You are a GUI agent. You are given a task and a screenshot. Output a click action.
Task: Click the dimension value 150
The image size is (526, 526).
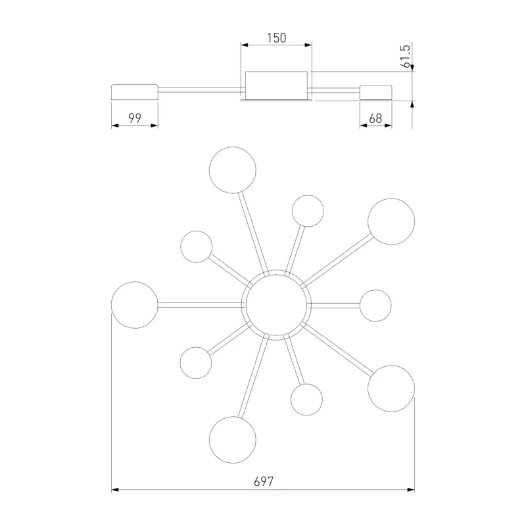(x=277, y=38)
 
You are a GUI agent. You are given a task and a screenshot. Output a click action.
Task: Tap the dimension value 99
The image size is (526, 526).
(x=135, y=118)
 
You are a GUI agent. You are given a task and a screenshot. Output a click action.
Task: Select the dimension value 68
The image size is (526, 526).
(x=375, y=118)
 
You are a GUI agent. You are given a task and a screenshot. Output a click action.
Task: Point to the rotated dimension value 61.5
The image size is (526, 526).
(x=406, y=57)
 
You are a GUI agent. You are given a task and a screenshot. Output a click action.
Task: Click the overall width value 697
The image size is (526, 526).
(x=264, y=481)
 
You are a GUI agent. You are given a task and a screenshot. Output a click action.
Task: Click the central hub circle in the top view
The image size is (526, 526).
(x=276, y=305)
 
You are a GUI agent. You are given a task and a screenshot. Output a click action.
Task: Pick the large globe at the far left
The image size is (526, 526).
(x=135, y=305)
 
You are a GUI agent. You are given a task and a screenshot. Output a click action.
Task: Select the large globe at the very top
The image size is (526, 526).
(x=233, y=170)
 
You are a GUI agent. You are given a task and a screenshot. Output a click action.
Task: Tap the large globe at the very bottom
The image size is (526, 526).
(x=233, y=440)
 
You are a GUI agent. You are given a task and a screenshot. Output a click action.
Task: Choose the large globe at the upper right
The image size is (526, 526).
(x=391, y=222)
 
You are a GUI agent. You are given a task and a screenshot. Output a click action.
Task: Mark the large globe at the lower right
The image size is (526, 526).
(x=391, y=389)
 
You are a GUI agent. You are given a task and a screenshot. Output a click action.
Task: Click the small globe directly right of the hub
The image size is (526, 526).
(x=375, y=305)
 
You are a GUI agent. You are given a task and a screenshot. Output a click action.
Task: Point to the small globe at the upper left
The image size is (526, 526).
(x=196, y=247)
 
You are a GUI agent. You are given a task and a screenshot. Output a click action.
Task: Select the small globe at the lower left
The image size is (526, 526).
(x=196, y=363)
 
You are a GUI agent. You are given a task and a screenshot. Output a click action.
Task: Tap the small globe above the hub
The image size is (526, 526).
(x=308, y=211)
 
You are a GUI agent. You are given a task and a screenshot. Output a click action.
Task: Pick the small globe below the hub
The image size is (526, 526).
(x=306, y=400)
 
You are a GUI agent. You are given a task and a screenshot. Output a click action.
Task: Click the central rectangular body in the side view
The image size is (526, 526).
(x=276, y=85)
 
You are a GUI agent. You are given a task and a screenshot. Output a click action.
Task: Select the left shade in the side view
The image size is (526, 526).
(x=135, y=92)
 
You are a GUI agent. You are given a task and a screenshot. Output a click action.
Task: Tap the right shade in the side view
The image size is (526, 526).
(x=375, y=92)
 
